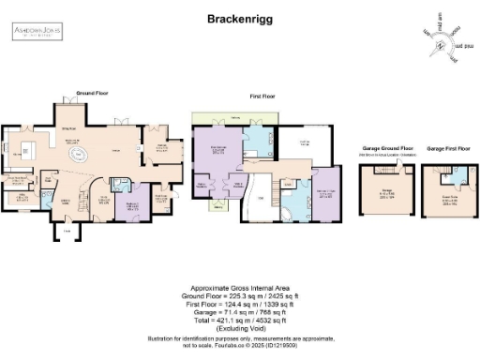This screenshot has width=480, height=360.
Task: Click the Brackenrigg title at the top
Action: (x=239, y=18)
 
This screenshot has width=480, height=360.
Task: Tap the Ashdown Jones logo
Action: (x=37, y=33)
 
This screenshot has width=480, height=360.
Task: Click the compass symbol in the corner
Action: (x=441, y=35)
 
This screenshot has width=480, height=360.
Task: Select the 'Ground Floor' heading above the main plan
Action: (x=93, y=95)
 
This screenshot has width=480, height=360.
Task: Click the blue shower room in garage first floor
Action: (x=432, y=174)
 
